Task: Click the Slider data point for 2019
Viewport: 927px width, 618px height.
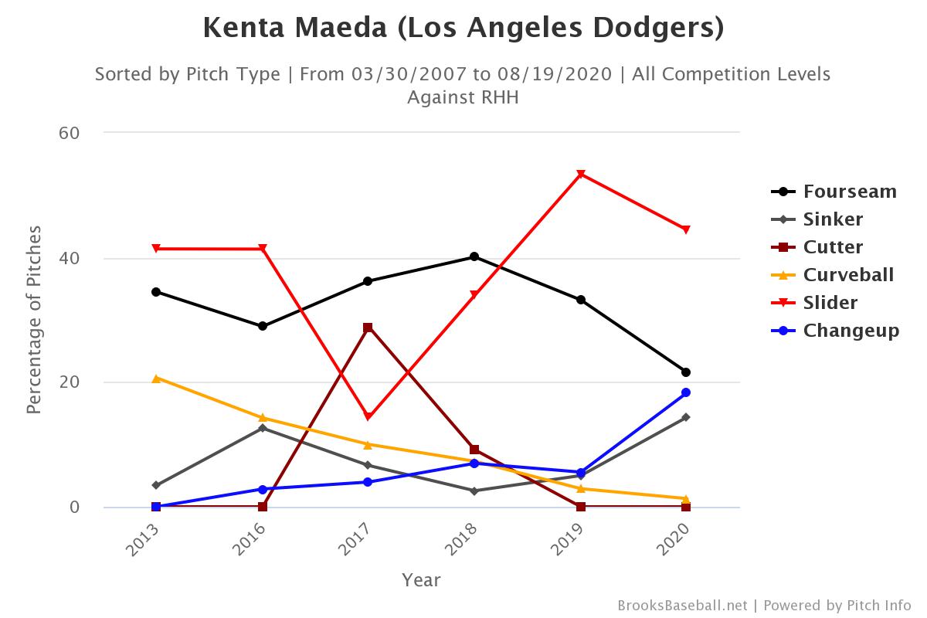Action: click(580, 174)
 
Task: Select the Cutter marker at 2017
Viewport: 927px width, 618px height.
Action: click(368, 328)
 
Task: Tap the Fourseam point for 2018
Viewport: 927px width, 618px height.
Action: click(474, 256)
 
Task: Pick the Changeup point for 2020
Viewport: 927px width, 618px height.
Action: click(686, 392)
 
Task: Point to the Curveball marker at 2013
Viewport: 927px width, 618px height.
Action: click(156, 379)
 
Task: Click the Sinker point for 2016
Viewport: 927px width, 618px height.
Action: click(263, 428)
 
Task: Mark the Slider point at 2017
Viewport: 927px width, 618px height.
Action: click(368, 416)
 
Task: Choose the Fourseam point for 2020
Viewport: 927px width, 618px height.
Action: click(686, 372)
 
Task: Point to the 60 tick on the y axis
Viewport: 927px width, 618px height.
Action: click(70, 133)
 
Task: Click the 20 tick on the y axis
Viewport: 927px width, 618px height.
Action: click(70, 382)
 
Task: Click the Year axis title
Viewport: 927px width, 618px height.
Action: click(421, 579)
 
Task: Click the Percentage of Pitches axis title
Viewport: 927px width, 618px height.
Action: click(34, 320)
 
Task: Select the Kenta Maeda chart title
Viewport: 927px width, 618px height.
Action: click(463, 29)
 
